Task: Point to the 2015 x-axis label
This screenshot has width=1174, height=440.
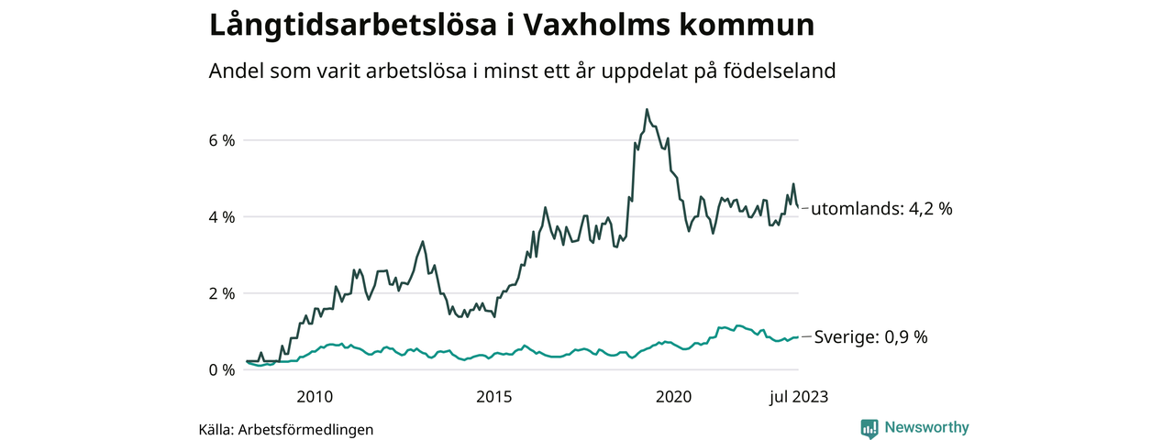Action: [x=493, y=396]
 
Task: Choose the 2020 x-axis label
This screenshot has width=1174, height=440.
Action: [x=673, y=396]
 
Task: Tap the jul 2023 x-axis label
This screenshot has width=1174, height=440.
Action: [x=796, y=396]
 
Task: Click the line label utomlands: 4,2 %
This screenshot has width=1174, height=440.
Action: [x=883, y=209]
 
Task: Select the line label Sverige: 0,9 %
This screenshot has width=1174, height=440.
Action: [x=870, y=337]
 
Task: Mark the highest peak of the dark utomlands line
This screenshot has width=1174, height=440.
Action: [x=647, y=110]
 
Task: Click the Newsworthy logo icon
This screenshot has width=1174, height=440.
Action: [x=869, y=428]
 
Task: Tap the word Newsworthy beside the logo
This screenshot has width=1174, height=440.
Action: [x=926, y=427]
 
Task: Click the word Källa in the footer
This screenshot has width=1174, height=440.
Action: [x=216, y=429]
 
